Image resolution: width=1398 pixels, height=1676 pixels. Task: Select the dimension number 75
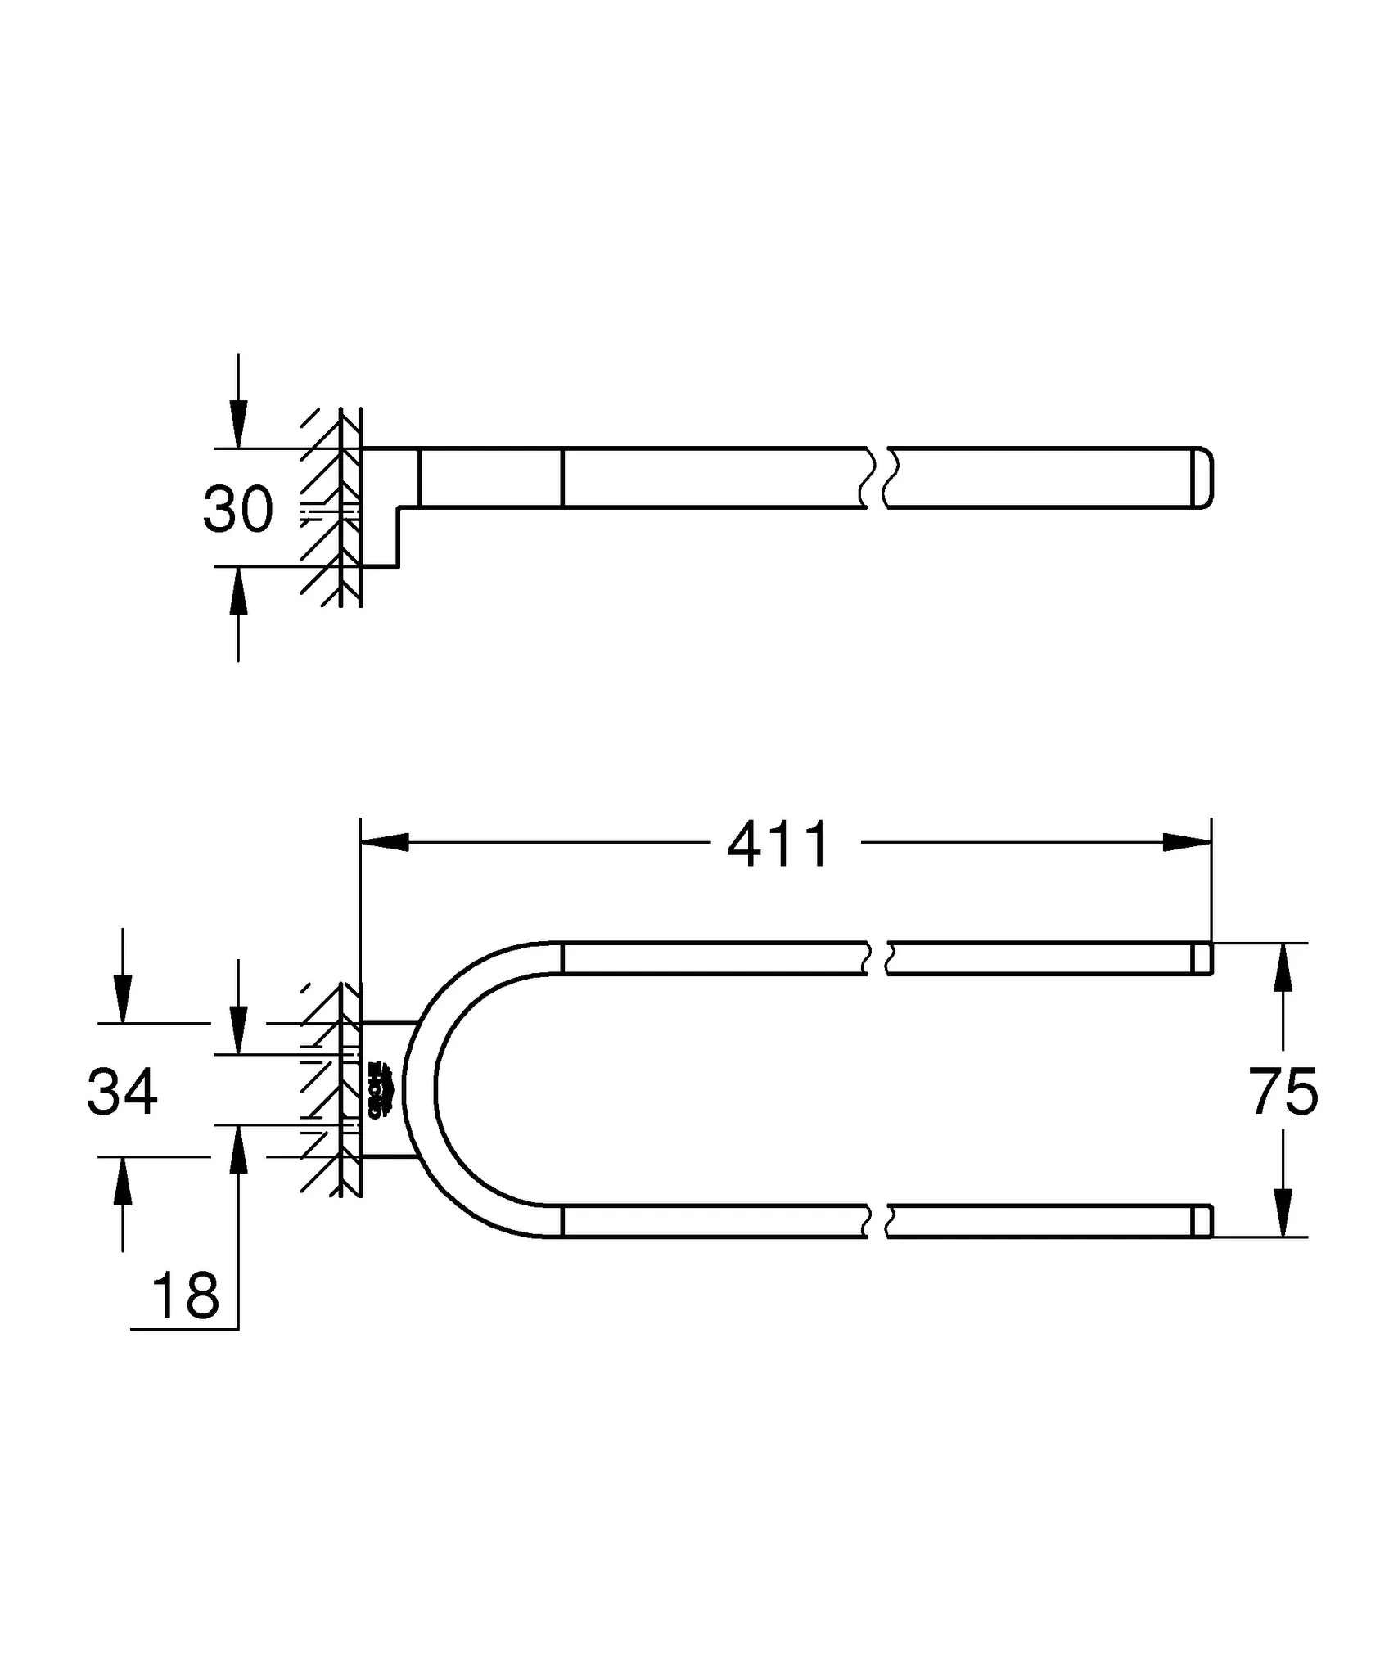coord(1283,1092)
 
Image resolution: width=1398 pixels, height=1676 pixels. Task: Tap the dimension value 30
coord(238,509)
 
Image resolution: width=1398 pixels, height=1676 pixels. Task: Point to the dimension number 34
coord(122,1091)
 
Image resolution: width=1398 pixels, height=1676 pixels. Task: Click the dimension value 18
coord(186,1296)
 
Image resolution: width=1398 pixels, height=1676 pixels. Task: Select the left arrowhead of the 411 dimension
coord(385,842)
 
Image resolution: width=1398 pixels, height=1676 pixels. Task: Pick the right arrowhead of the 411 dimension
coord(1187,842)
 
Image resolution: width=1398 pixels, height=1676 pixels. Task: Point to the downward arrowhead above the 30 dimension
coord(238,424)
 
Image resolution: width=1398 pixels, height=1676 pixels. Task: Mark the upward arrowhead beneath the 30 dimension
coord(238,591)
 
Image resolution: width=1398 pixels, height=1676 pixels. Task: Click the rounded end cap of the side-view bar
coord(1204,478)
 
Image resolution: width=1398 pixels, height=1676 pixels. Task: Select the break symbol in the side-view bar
coord(877,478)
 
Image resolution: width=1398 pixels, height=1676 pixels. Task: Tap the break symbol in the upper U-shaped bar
coord(877,958)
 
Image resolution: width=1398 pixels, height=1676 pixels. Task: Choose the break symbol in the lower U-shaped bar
coord(877,1221)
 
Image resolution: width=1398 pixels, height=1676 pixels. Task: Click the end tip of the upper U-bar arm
coord(1202,958)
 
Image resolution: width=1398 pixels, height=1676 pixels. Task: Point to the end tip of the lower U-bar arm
coord(1202,1221)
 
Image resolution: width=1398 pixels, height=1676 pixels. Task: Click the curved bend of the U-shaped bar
coord(419,1088)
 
